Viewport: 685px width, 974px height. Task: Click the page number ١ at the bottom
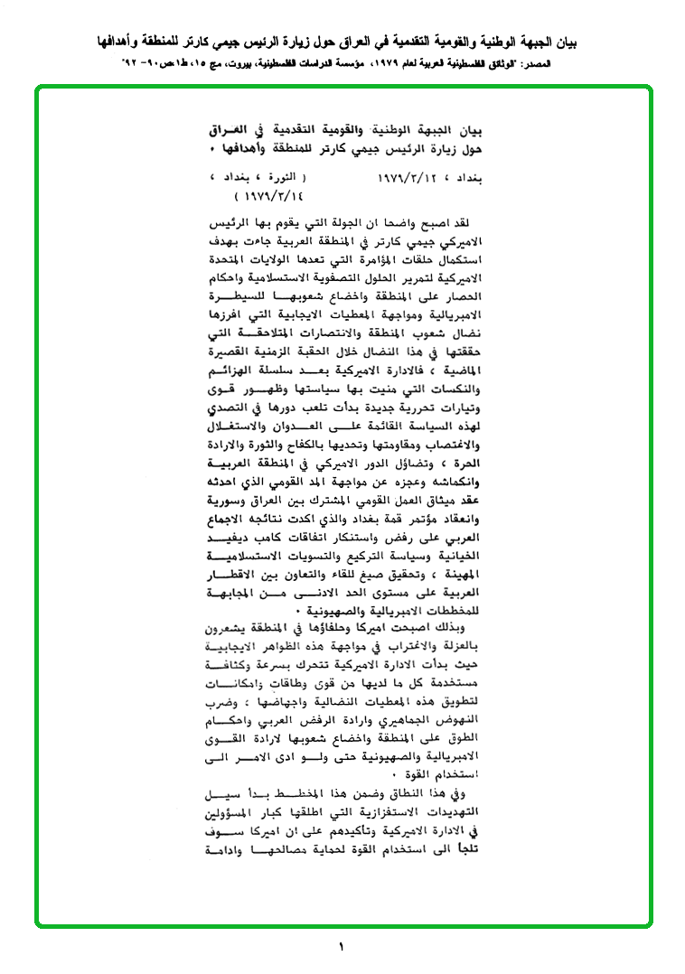342,947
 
